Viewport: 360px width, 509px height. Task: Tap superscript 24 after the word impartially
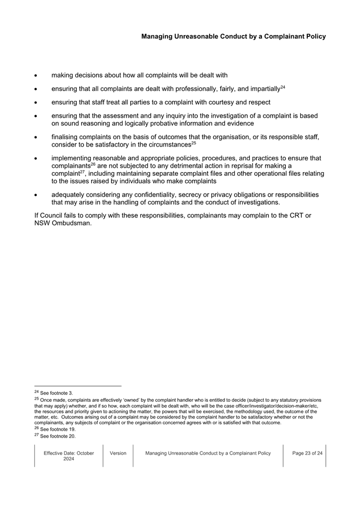click(x=283, y=87)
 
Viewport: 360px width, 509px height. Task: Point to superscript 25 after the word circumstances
click(x=194, y=143)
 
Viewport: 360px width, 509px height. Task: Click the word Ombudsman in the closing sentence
click(x=70, y=223)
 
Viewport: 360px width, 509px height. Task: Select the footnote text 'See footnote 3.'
click(x=57, y=393)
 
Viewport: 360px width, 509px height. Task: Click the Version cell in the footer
click(x=118, y=454)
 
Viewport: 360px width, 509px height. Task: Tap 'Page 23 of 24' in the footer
click(x=307, y=454)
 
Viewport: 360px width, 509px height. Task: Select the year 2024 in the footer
click(x=69, y=459)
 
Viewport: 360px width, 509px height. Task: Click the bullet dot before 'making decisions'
click(x=35, y=76)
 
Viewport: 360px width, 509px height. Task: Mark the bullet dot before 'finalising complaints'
click(x=35, y=138)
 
